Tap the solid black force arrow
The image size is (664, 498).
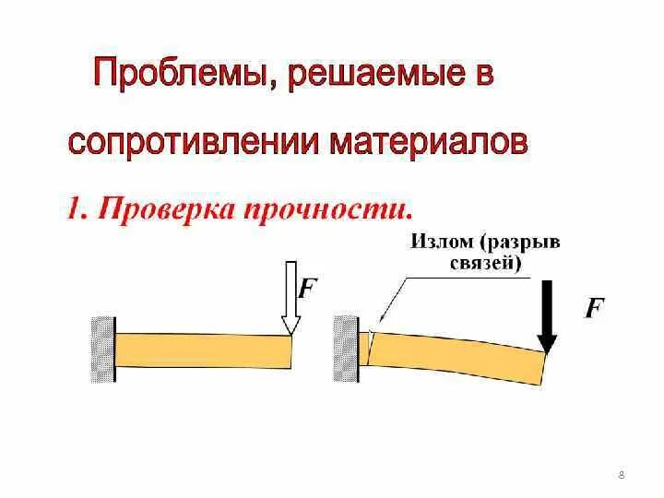(x=547, y=314)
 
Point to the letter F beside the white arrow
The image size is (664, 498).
(x=307, y=288)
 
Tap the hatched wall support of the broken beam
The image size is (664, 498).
(x=347, y=349)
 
